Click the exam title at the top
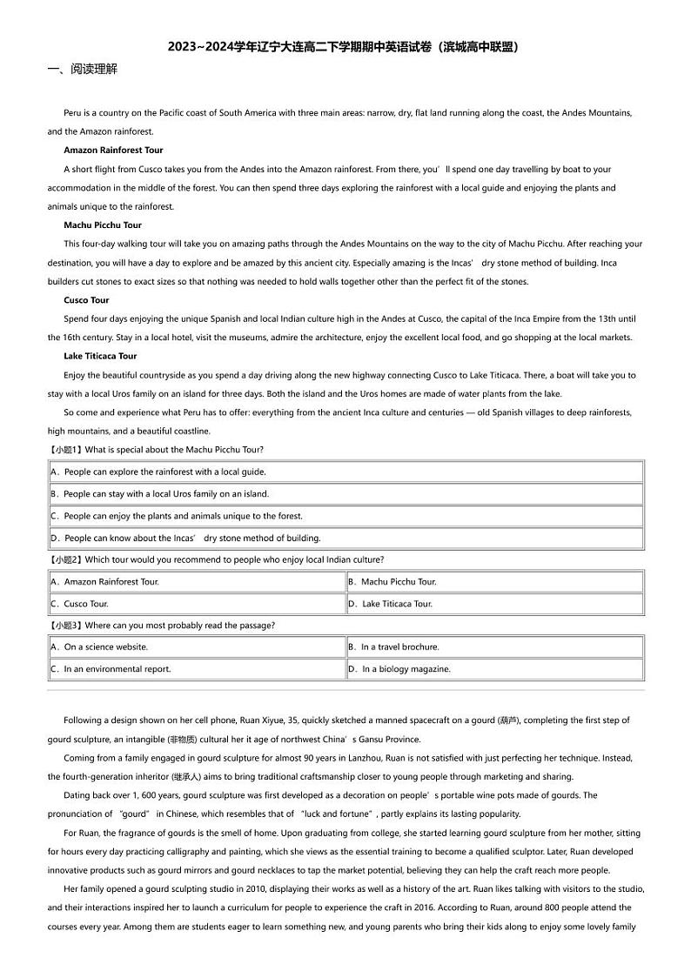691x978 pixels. point(345,47)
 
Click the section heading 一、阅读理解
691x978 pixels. point(82,69)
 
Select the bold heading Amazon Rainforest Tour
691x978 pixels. point(113,151)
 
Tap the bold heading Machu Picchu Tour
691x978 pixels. point(103,225)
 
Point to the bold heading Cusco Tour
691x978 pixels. point(86,300)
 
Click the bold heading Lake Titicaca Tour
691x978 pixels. point(100,356)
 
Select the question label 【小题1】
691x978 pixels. point(66,450)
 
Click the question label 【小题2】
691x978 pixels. point(66,559)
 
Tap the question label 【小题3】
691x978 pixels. point(66,626)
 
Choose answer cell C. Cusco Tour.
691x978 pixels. point(80,604)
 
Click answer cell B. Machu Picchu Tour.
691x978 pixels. point(392,582)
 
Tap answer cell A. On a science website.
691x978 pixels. point(99,647)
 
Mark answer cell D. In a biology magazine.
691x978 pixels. point(399,669)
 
